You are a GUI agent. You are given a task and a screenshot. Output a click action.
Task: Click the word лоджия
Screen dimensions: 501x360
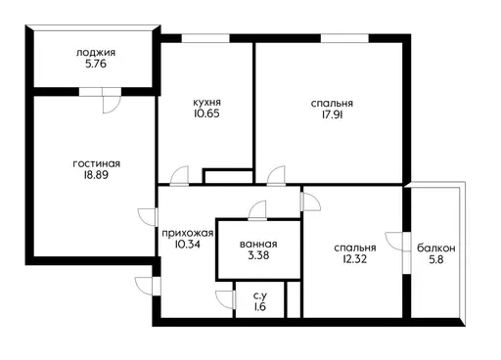(x=96, y=53)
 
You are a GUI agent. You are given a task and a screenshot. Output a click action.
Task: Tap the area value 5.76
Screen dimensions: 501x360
(x=96, y=64)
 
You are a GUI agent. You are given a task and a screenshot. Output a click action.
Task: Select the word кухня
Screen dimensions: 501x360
(x=206, y=103)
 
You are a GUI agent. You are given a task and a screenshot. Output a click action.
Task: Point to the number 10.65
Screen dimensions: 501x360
(x=206, y=113)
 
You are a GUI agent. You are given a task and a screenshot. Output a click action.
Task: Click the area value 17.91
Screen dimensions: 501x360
(x=332, y=115)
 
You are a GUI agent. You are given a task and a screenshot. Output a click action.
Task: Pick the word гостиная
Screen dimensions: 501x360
(x=97, y=163)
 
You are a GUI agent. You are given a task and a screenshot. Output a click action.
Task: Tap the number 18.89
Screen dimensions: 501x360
(x=96, y=175)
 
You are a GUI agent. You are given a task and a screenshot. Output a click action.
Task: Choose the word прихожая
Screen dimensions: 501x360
(x=188, y=234)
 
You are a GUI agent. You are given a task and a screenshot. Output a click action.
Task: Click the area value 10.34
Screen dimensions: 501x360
(x=187, y=245)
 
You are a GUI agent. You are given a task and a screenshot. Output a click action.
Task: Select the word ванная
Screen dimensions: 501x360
(x=258, y=245)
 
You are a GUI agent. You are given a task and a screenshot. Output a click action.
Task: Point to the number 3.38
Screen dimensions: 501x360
(x=258, y=255)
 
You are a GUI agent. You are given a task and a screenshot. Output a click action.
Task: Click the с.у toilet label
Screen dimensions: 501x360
(x=260, y=296)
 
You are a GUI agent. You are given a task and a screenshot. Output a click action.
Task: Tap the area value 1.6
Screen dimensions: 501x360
(x=260, y=307)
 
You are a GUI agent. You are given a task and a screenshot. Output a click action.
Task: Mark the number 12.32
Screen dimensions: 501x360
(x=355, y=259)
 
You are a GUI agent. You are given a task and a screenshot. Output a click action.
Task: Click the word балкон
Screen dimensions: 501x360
(x=436, y=248)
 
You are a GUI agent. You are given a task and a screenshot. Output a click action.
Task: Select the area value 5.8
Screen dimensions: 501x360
(x=436, y=260)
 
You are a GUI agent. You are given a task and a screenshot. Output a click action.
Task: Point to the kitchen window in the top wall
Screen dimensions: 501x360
(x=205, y=38)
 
